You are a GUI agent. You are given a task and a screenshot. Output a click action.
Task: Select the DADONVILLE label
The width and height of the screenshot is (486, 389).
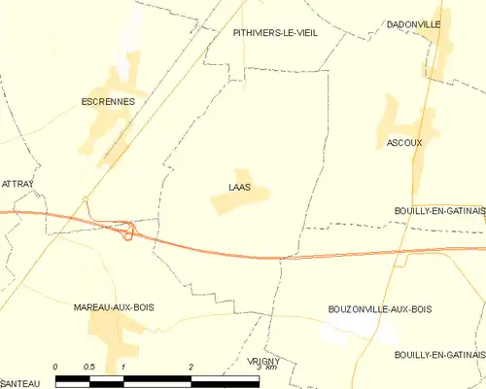[413, 23]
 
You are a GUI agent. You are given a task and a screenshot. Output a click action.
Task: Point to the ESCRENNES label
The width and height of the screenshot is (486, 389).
[107, 100]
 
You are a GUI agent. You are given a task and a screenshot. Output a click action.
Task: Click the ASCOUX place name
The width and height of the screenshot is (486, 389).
[403, 142]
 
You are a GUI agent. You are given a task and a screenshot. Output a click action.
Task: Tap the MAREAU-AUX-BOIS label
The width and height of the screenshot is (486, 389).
[114, 307]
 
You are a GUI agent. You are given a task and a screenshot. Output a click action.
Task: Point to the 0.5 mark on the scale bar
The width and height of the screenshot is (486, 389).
[89, 367]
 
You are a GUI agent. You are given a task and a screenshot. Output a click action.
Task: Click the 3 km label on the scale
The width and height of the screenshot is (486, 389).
[260, 368]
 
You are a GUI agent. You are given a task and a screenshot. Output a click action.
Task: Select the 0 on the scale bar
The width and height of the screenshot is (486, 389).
[56, 367]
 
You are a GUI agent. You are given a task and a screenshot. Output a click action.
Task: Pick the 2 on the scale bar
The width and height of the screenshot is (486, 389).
[191, 367]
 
